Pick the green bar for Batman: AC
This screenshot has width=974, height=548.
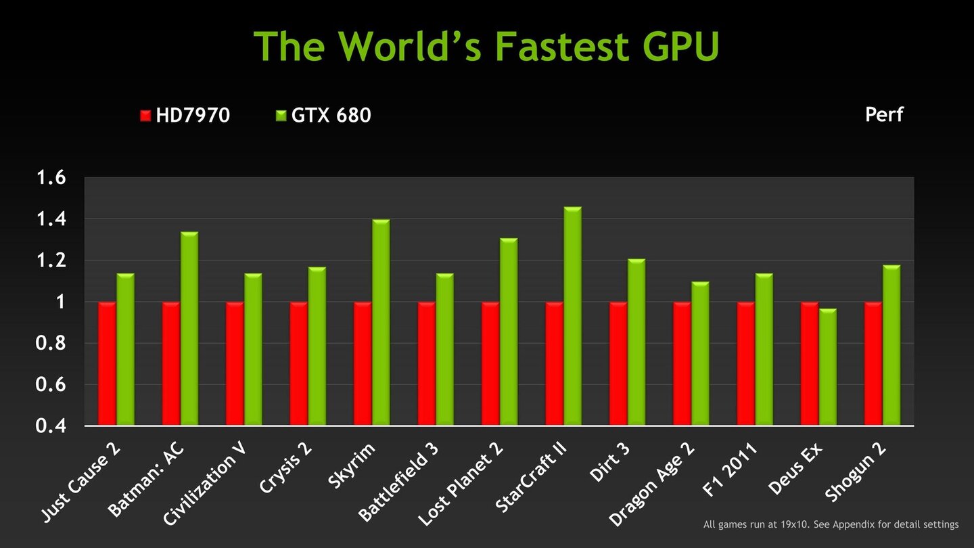coord(189,329)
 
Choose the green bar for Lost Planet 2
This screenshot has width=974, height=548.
coord(509,332)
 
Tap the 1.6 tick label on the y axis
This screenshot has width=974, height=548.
coord(51,178)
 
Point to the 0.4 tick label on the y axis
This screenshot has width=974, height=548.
coord(51,426)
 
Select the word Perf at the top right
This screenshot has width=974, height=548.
coord(884,114)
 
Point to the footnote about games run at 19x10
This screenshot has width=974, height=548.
coord(831,524)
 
